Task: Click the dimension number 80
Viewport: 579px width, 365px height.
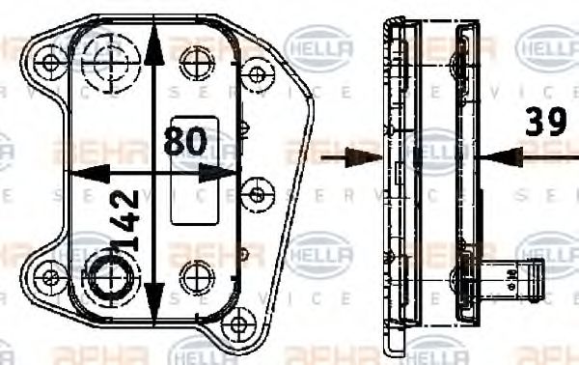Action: coord(186,142)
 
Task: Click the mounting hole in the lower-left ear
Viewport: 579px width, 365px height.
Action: coord(45,276)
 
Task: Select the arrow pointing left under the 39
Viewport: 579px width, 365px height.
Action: coord(494,154)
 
